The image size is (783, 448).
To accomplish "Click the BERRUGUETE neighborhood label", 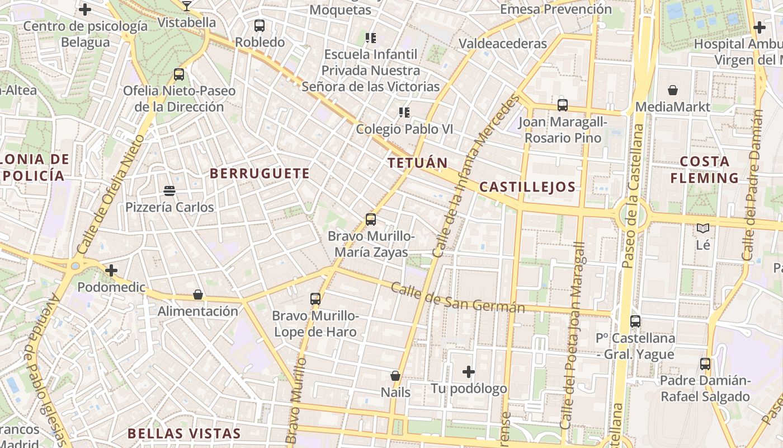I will point(260,174).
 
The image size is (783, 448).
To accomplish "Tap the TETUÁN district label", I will point(418,163).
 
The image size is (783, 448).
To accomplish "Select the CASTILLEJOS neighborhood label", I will point(527,187).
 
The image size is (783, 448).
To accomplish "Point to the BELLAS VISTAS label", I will point(184,433).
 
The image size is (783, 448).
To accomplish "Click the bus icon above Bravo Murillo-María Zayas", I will point(370,220).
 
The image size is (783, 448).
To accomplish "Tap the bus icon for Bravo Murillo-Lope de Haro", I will point(315,299).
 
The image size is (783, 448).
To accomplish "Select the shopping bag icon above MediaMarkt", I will point(673,90).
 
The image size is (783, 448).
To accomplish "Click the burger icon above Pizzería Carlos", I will point(169,191).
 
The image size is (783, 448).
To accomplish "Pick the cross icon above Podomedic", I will point(111,271).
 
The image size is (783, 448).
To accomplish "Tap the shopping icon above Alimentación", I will point(197,295).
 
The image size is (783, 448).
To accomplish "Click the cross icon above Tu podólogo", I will point(469,372).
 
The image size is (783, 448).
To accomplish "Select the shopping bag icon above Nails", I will point(395,376).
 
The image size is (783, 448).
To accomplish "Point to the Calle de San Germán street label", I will point(457,297).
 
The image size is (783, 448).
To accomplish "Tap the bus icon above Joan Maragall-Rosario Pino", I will point(562,105).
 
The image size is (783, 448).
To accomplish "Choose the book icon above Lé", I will point(703,228).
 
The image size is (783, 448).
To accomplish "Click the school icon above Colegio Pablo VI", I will point(404,113).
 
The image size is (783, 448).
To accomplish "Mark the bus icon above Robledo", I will point(260,26).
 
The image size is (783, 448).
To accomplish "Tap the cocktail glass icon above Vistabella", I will point(187,6).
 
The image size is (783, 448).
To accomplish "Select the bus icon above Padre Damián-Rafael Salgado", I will point(705,364).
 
